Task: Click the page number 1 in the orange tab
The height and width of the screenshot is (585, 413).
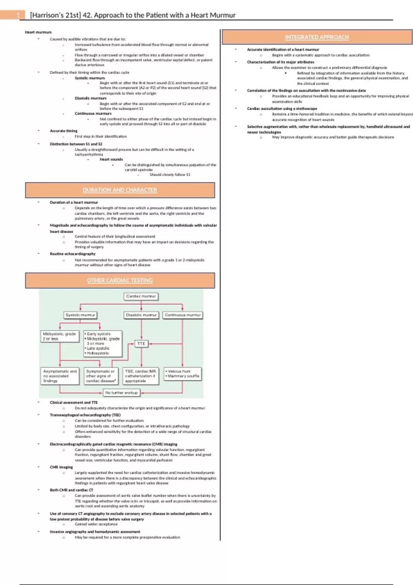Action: pyautogui.click(x=18, y=15)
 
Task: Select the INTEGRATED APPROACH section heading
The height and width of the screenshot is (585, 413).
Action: pyautogui.click(x=317, y=37)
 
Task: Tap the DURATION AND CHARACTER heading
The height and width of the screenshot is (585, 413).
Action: pyautogui.click(x=120, y=190)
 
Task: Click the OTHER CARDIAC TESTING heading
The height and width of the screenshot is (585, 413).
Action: pyautogui.click(x=120, y=280)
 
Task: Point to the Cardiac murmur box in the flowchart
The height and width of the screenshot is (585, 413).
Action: pyautogui.click(x=141, y=296)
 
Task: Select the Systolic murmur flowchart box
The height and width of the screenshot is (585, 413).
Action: pyautogui.click(x=81, y=315)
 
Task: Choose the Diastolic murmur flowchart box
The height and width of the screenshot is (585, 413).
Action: pyautogui.click(x=141, y=315)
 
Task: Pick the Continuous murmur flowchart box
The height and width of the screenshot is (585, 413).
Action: pyautogui.click(x=182, y=315)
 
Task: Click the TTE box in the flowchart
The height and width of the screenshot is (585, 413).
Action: pyautogui.click(x=141, y=344)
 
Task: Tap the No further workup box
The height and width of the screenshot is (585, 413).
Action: pyautogui.click(x=121, y=393)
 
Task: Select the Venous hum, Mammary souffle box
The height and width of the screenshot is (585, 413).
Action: pyautogui.click(x=182, y=374)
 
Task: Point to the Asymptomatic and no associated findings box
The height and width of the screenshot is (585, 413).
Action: pyautogui.click(x=60, y=376)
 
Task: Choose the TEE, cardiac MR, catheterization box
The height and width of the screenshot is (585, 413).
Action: pyautogui.click(x=141, y=376)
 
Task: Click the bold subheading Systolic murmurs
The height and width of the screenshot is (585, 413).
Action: pyautogui.click(x=90, y=78)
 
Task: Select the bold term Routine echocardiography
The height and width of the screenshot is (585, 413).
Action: pyautogui.click(x=73, y=254)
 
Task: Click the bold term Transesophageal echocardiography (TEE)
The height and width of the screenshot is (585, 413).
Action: pyautogui.click(x=85, y=415)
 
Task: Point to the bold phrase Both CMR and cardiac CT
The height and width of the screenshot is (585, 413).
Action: pyautogui.click(x=72, y=490)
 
